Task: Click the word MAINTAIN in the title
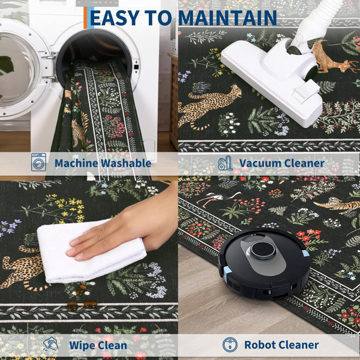click(227, 18)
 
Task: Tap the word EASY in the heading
click(115, 18)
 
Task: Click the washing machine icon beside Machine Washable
click(38, 162)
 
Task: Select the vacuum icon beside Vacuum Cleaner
click(225, 163)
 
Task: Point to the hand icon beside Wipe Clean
click(51, 344)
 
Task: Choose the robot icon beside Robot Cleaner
click(230, 344)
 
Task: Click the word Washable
click(126, 163)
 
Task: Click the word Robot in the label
click(260, 344)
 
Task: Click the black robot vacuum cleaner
click(264, 264)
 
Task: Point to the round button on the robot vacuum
click(263, 250)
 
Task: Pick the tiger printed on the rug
click(337, 205)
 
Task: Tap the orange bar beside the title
click(85, 17)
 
